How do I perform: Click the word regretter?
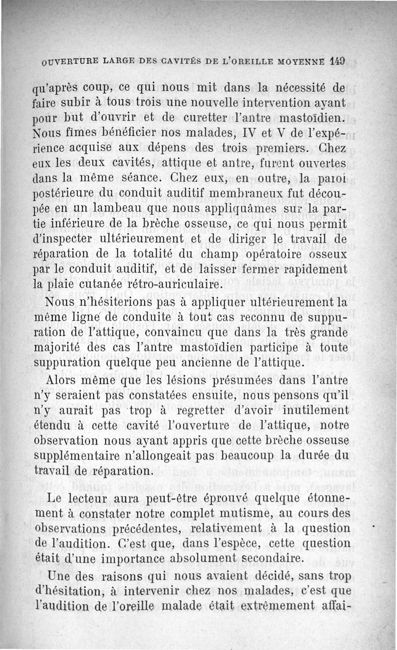tap(198, 411)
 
